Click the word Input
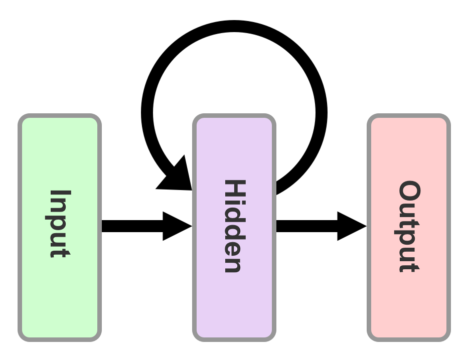(60, 224)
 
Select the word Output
(409, 226)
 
